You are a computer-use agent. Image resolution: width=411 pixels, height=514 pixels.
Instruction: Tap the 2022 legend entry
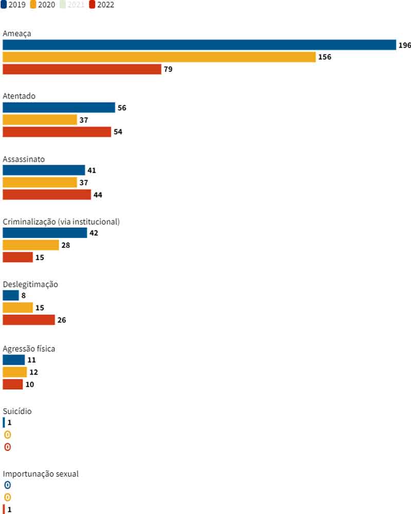[101, 5]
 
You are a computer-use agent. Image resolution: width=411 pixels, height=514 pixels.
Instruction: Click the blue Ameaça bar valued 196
[199, 45]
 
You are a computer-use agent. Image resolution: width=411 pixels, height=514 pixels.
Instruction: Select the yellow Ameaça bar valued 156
[159, 57]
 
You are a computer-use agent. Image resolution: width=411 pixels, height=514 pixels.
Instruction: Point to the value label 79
[168, 69]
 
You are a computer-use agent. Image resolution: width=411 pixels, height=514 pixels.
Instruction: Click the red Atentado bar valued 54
[57, 132]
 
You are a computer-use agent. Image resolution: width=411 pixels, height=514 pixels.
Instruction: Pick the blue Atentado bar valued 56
[59, 107]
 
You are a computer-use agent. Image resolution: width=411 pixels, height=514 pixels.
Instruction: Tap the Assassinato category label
[24, 159]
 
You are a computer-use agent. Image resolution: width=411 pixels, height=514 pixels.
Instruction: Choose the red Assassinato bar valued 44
[47, 195]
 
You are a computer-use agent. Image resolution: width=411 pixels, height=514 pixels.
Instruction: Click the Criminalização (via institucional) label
[61, 222]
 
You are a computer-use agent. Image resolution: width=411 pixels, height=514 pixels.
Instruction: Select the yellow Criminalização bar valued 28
[31, 245]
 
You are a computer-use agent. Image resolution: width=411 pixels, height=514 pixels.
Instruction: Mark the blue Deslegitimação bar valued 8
[11, 295]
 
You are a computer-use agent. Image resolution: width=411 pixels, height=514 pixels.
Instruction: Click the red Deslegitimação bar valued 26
[29, 320]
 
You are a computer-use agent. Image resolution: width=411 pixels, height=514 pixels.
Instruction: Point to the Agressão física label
[29, 349]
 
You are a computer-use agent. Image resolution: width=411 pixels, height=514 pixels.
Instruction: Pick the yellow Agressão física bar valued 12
[14, 372]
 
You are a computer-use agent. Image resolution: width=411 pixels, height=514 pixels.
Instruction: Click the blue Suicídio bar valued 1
[4, 423]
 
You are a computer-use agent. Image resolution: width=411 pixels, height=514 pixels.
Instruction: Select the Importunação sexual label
[41, 474]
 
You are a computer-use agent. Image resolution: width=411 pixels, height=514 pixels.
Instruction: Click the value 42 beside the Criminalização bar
[94, 233]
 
